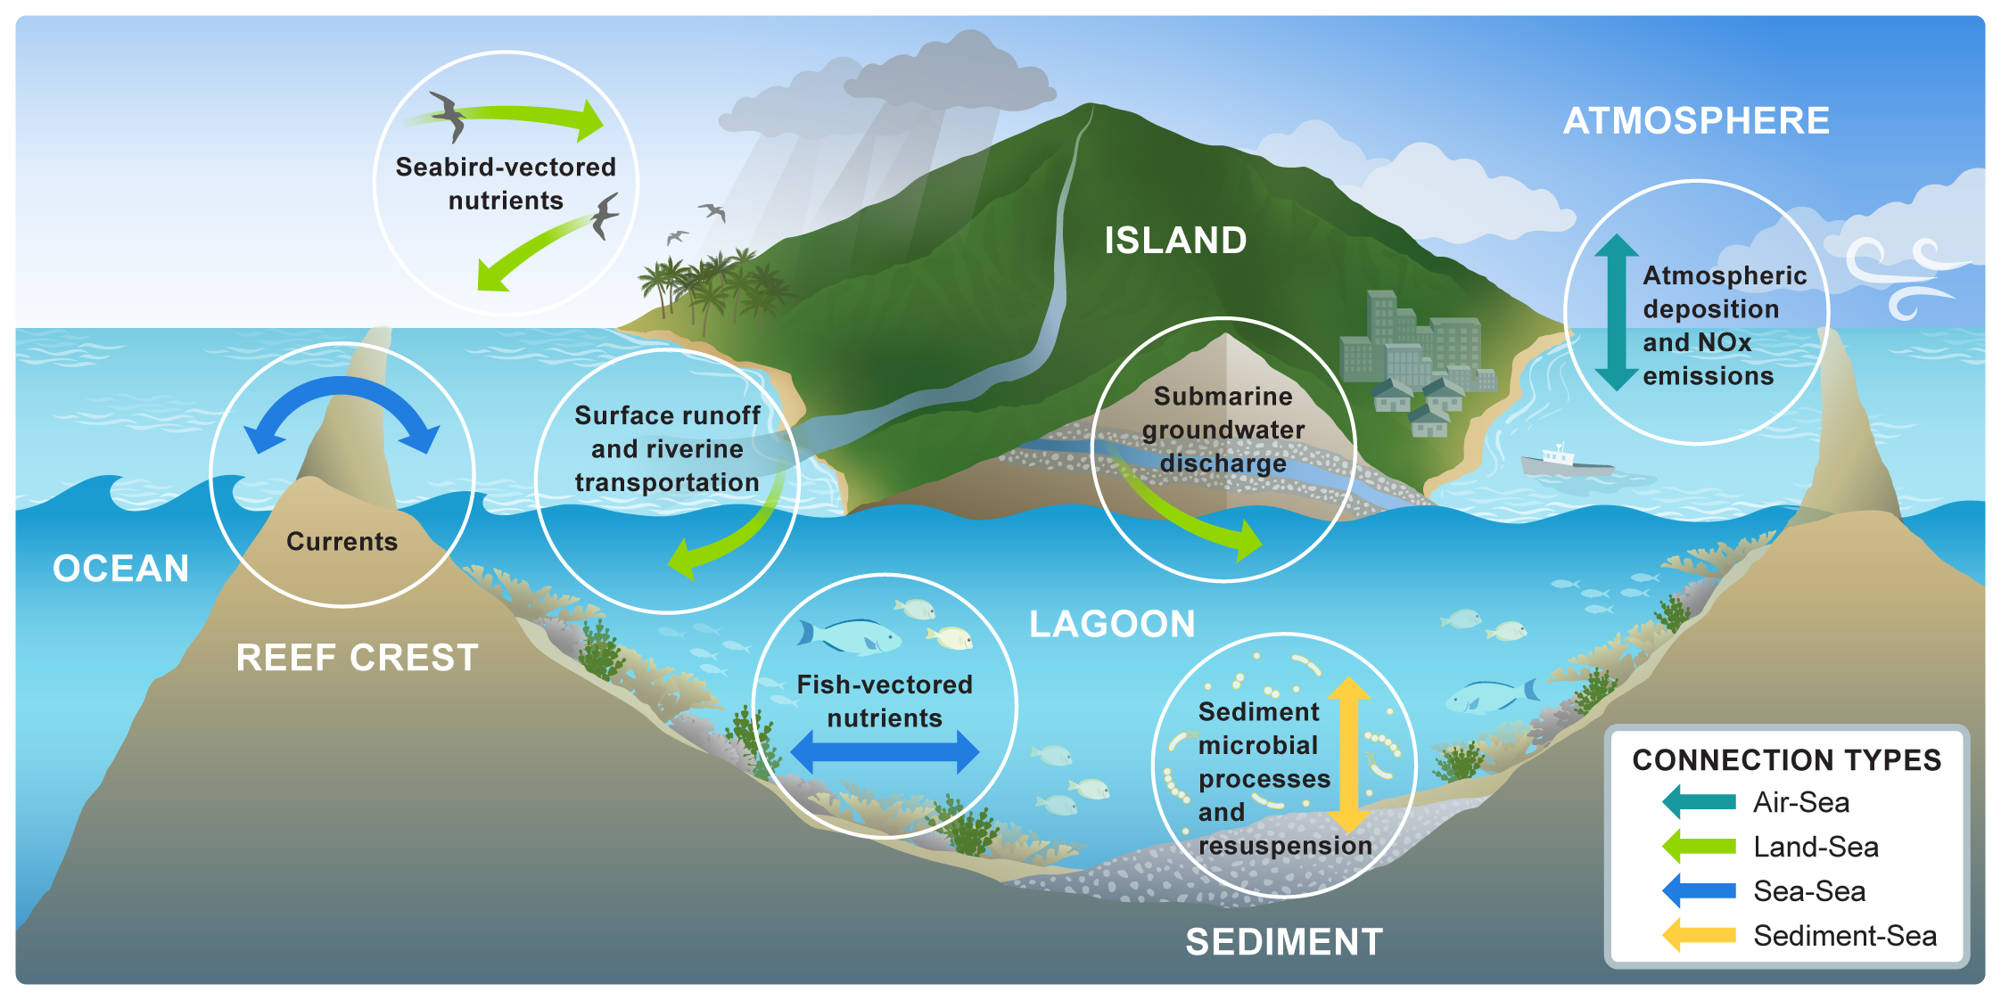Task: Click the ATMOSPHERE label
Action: pos(1696,121)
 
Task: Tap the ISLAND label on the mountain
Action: pos(1175,241)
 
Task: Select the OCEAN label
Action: pos(120,569)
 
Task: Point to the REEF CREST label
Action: pos(357,658)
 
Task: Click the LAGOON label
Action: pos(1112,624)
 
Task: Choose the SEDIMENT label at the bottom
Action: pos(1284,942)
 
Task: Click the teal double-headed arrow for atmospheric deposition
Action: pos(1616,312)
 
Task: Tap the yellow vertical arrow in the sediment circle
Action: pos(1349,754)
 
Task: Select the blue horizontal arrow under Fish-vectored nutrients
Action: pos(885,751)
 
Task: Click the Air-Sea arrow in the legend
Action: pos(1700,802)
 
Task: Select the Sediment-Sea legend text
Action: pos(1844,936)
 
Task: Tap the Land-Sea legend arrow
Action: pos(1700,847)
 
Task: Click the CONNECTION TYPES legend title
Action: pos(1786,760)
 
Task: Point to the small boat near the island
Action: pos(1565,462)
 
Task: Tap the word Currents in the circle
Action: pos(342,542)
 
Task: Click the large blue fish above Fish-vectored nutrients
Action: pos(852,635)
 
